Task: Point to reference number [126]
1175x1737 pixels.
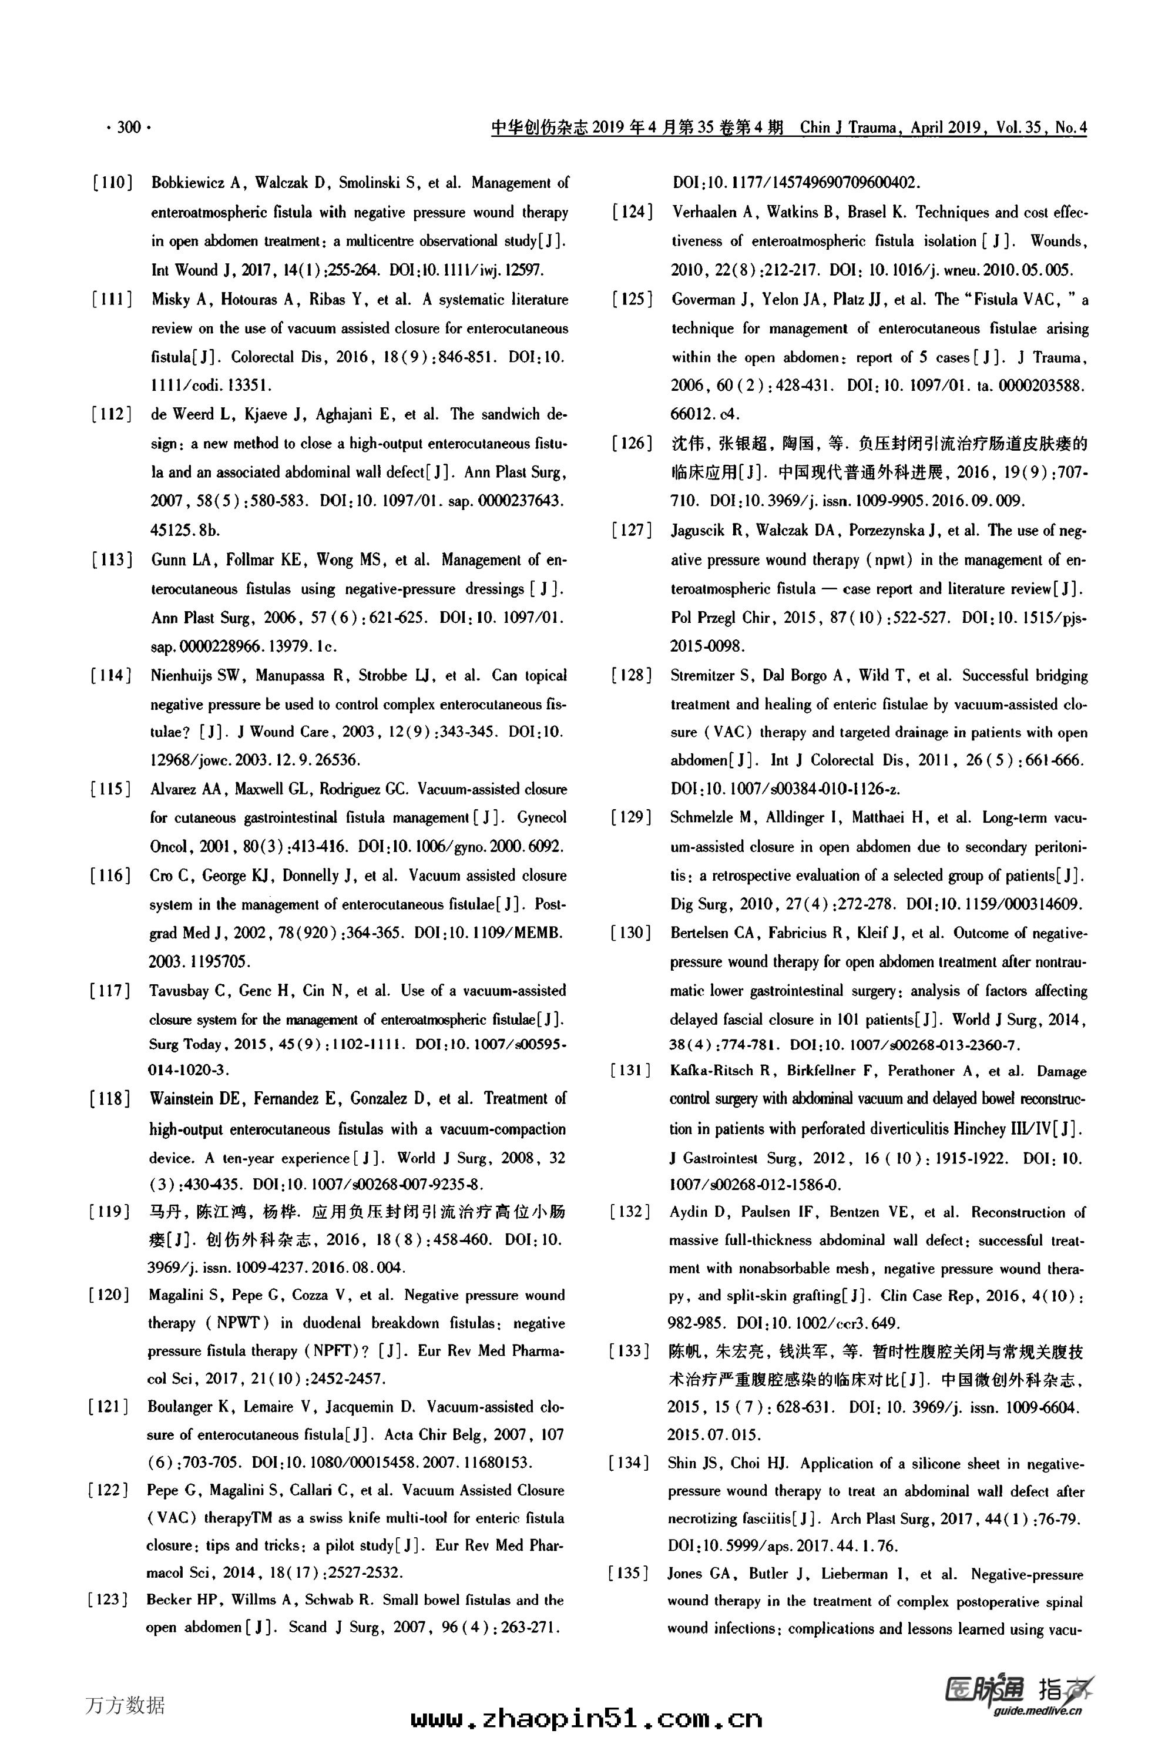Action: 632,443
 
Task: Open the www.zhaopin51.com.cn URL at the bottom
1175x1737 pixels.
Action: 587,1718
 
